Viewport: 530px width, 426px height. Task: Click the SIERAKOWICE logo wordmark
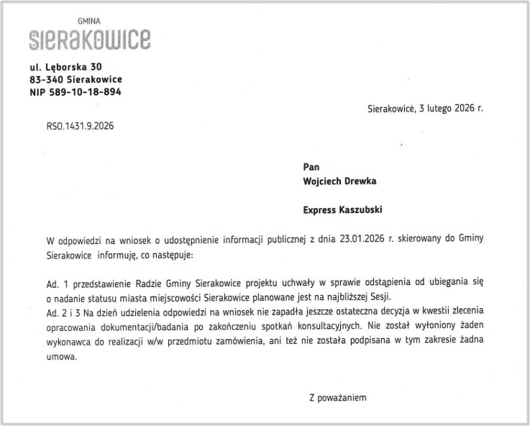point(90,39)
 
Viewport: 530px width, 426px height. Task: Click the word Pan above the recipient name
point(311,167)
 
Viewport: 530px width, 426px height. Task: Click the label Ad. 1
point(57,284)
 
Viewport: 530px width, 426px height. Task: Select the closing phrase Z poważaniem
point(337,396)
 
